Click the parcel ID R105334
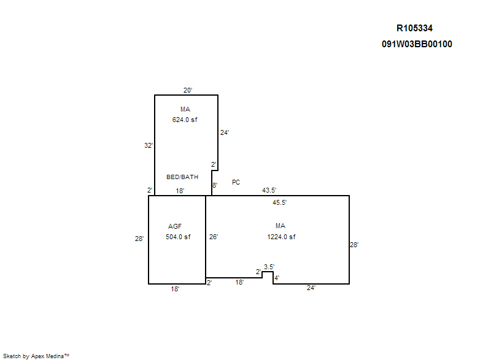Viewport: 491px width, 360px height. point(414,28)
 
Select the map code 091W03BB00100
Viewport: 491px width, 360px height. point(417,44)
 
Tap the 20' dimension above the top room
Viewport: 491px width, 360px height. point(188,90)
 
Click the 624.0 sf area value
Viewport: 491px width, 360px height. point(185,120)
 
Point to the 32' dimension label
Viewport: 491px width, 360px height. point(149,145)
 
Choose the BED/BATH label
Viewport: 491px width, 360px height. point(182,177)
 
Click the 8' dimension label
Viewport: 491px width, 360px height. point(215,185)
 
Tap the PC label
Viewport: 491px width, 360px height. point(236,182)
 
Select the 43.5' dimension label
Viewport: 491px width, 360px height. point(269,190)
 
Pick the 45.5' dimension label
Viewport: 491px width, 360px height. point(280,202)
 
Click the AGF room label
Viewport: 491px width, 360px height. point(175,226)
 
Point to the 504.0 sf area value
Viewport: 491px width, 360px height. point(178,237)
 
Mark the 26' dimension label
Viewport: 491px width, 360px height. point(214,237)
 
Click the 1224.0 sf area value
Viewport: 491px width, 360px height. point(281,237)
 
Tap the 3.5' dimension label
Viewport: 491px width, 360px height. point(269,267)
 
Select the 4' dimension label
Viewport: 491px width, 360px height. point(277,278)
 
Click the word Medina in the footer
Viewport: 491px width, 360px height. point(55,356)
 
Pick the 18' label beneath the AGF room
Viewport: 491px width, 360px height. point(175,289)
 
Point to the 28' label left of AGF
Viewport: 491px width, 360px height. point(139,239)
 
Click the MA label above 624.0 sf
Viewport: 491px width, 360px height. point(185,109)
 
